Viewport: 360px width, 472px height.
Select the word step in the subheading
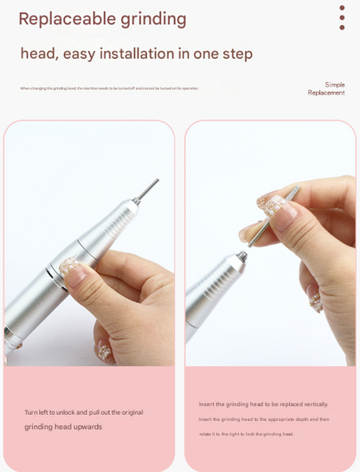pyautogui.click(x=235, y=55)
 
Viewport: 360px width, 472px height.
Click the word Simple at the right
pyautogui.click(x=335, y=85)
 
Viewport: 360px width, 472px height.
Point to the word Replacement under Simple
pyautogui.click(x=326, y=93)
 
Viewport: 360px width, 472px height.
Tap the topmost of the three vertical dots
pyautogui.click(x=342, y=8)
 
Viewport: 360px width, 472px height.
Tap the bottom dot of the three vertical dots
pyautogui.click(x=342, y=27)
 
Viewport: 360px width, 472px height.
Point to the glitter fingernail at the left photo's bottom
pyautogui.click(x=105, y=351)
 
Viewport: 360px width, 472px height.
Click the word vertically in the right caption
pyautogui.click(x=313, y=404)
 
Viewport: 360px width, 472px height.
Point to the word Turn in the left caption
pyautogui.click(x=31, y=412)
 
